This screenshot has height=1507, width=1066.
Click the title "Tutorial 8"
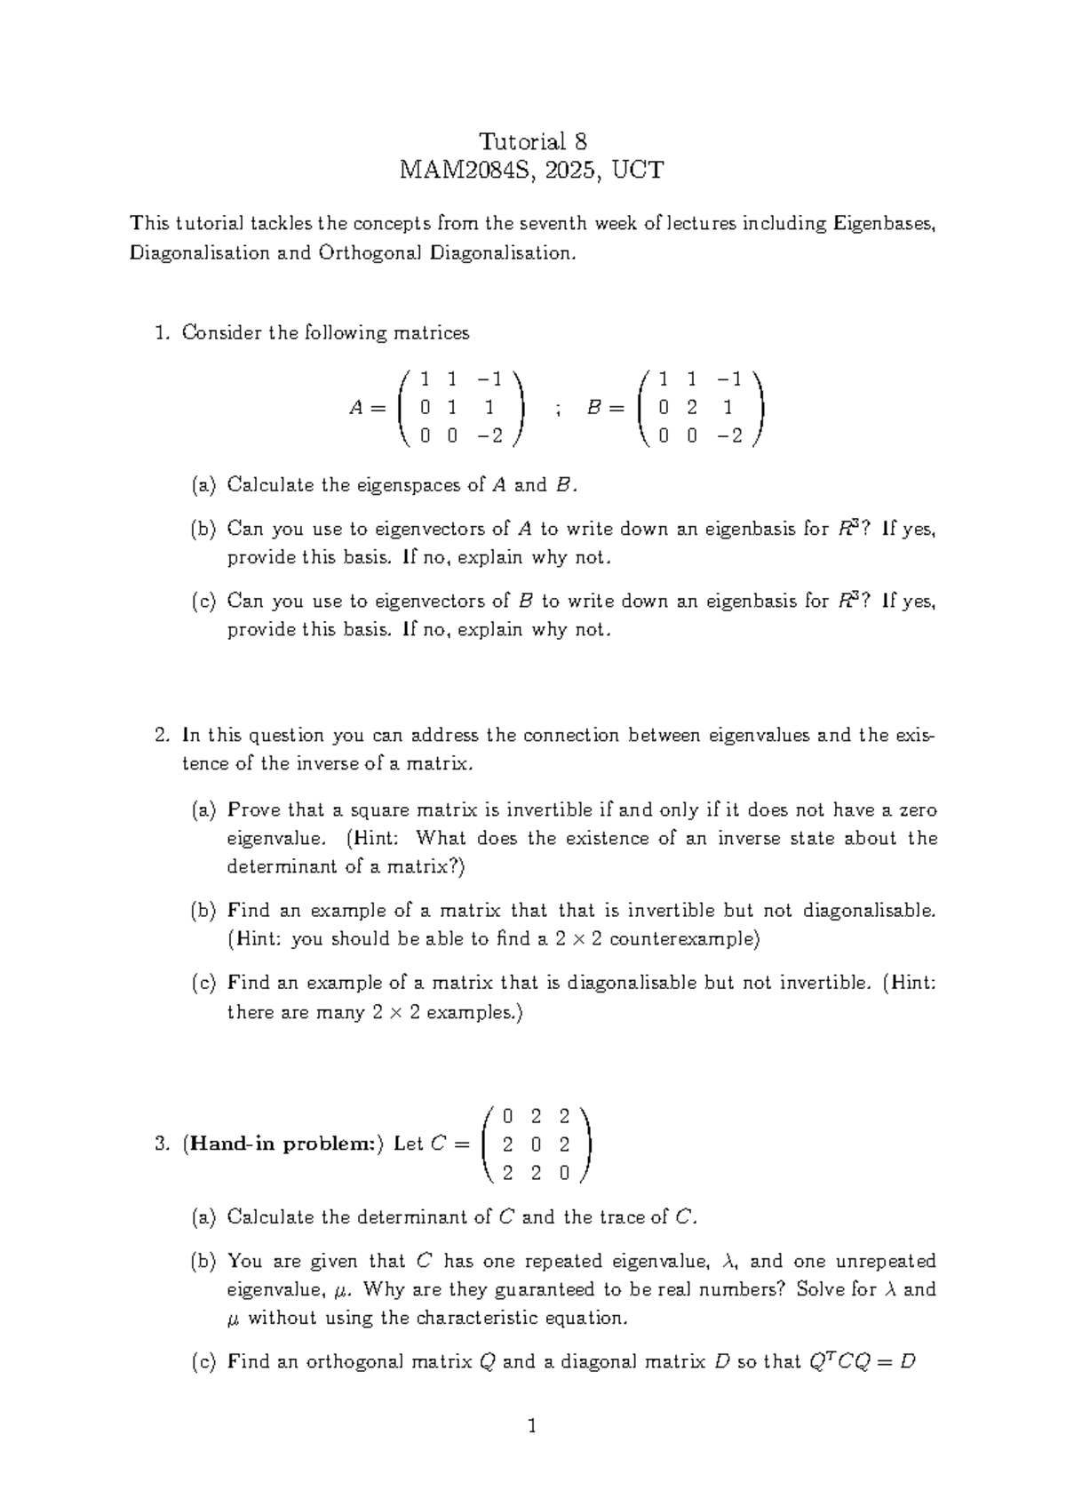click(532, 141)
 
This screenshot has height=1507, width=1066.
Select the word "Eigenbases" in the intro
click(884, 223)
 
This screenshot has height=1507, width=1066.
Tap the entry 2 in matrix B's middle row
click(692, 408)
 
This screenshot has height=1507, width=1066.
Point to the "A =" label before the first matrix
click(367, 408)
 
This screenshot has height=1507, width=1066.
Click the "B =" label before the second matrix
click(605, 408)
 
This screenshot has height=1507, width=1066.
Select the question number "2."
click(162, 736)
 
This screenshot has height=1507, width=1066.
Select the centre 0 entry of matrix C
click(536, 1144)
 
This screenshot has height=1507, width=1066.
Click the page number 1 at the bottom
click(533, 1428)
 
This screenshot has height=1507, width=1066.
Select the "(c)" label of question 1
click(203, 602)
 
